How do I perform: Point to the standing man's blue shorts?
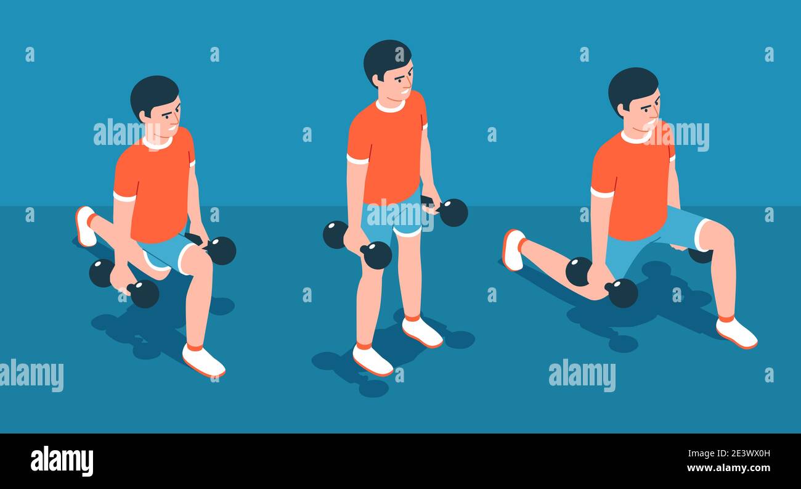394,219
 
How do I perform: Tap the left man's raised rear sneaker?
84,226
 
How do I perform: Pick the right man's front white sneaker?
736,333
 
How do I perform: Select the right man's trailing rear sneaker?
513,250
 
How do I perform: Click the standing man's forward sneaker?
372,360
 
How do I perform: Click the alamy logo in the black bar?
62,461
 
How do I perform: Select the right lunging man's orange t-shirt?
632,185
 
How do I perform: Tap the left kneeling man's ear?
144,115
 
